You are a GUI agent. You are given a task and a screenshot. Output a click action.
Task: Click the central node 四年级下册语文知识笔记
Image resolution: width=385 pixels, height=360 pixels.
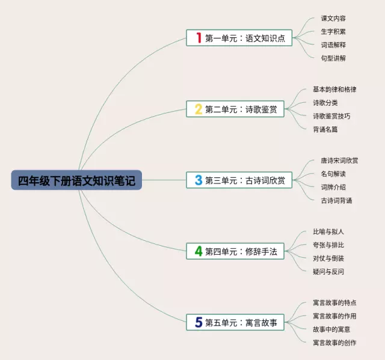point(76,180)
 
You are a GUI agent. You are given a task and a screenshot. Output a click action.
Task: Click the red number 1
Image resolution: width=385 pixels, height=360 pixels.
point(199,38)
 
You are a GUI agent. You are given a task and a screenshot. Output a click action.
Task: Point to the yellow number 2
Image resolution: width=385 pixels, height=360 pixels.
point(199,109)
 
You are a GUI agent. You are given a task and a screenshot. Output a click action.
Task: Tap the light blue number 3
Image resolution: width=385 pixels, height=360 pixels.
point(199,180)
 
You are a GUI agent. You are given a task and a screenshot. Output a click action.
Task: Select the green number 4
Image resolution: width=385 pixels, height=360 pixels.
point(199,251)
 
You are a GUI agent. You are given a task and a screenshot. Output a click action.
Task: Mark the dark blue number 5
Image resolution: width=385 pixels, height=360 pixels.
point(199,322)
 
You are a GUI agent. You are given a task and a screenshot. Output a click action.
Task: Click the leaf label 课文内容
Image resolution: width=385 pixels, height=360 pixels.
point(333,19)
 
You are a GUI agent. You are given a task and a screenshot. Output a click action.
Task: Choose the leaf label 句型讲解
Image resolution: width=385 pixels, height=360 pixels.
point(333,58)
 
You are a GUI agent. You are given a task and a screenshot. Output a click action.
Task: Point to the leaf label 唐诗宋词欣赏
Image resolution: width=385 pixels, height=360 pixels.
point(339,160)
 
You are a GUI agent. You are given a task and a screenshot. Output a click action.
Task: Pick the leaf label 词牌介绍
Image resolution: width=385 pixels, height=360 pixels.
point(333,187)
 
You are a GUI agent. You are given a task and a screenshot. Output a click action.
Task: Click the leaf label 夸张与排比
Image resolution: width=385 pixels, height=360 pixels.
point(328,245)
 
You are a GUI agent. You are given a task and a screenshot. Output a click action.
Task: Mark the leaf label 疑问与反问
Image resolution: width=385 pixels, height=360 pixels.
point(328,271)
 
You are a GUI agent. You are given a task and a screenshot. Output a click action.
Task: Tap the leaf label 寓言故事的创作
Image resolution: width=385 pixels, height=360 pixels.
point(334,343)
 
